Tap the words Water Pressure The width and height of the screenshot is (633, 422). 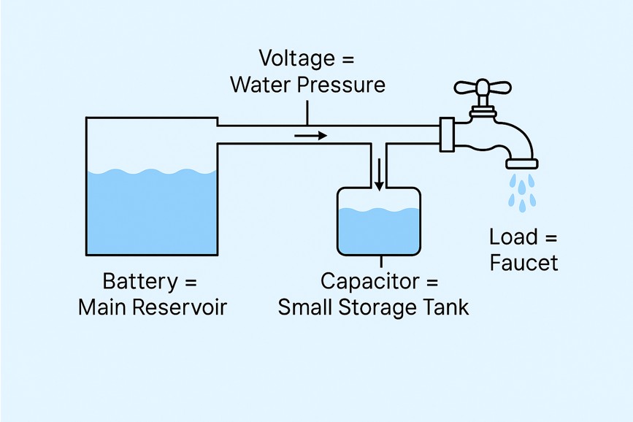point(307,85)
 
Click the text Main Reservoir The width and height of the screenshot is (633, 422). point(153,307)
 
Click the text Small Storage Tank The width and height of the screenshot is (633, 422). point(373,307)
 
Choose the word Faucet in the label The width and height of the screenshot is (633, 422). point(524,262)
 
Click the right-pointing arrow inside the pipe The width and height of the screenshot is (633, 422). point(310,135)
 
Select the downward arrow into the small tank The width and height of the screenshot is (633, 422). point(380,175)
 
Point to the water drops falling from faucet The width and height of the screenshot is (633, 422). point(523,191)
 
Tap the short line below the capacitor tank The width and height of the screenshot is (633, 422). point(379,261)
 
